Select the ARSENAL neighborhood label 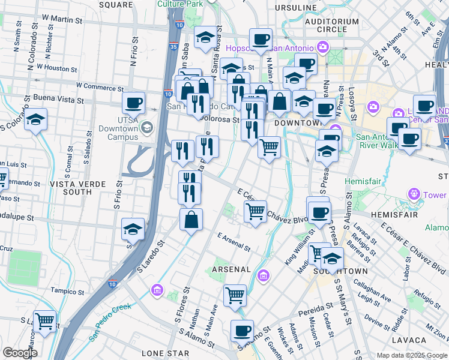tap(231, 269)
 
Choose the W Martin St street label tap(59, 20)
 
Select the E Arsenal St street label tap(234, 242)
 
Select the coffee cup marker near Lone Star tap(243, 330)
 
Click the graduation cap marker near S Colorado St tap(36, 119)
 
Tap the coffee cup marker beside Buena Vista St tap(133, 102)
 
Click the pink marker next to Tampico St tap(157, 290)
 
